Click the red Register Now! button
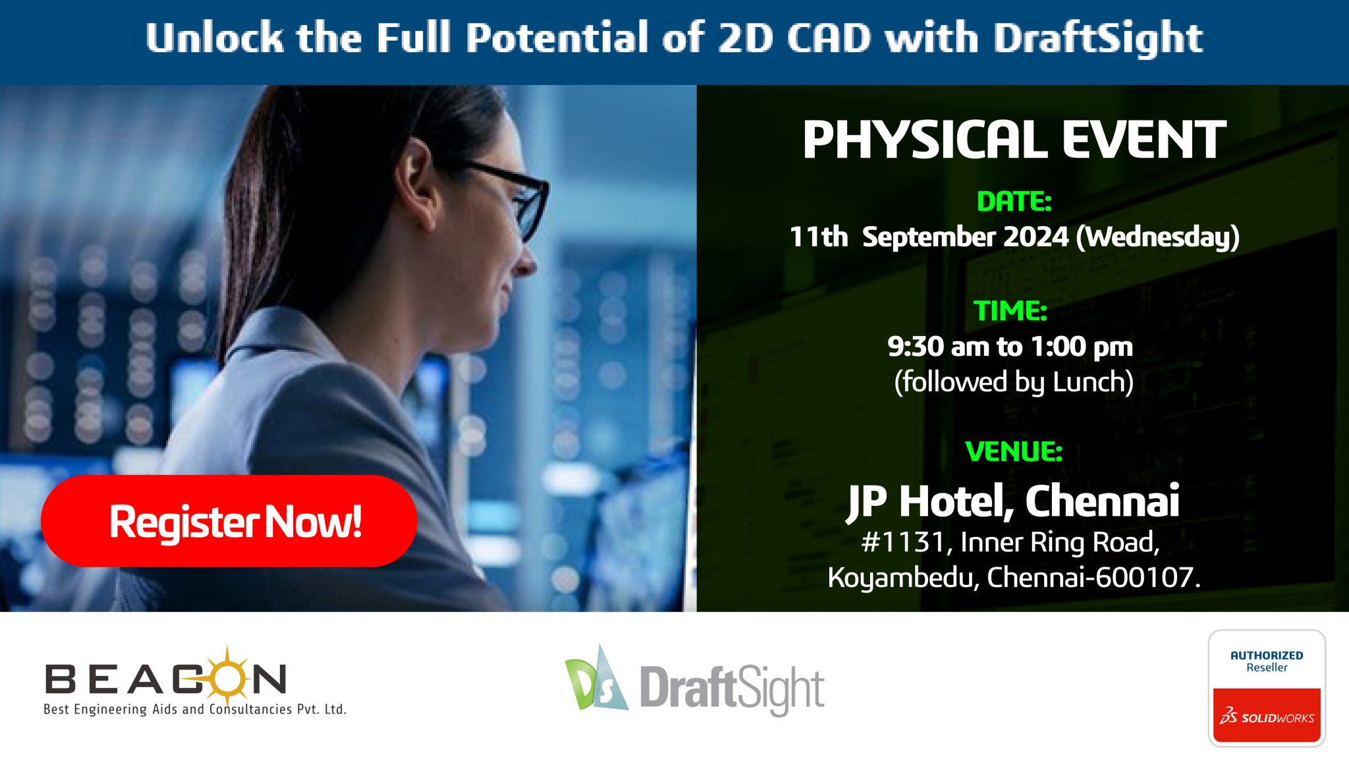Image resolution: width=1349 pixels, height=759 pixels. pos(229,520)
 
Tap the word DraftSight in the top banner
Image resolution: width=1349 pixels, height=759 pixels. pos(1098,38)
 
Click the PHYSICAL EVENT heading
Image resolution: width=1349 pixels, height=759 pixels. pos(1014,140)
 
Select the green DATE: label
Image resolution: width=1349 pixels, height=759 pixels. pos(1014,202)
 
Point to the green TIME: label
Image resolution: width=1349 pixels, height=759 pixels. pos(1011,311)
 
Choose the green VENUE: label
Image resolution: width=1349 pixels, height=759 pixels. pos(1014,451)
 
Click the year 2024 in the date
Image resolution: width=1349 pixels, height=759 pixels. pos(1036,237)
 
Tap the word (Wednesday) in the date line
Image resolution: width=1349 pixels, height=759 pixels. pos(1158,237)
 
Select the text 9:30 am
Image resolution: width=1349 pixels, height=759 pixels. pos(939,347)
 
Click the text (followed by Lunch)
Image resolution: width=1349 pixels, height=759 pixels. pos(1014,382)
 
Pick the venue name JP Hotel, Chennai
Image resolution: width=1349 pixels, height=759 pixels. pos(1013,502)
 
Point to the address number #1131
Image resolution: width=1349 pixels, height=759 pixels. pos(903,542)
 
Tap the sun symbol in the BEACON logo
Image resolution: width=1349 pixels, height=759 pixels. pos(227,676)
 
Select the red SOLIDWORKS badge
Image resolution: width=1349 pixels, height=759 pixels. pos(1267,716)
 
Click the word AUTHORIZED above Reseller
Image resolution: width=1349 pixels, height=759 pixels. pos(1267,656)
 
